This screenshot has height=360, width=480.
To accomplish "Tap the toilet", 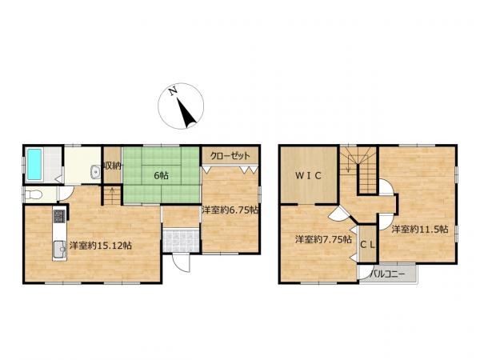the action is [33, 194].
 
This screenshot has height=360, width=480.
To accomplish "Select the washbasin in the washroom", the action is [95, 173].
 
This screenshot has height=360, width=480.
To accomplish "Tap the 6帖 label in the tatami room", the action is [161, 176].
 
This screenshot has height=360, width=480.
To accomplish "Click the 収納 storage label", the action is [113, 166].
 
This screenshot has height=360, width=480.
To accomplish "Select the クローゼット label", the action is [230, 156].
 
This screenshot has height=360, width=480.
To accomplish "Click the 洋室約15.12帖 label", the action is [101, 246].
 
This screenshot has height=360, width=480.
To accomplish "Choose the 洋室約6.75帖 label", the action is [230, 210].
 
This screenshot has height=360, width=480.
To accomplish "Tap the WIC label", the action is [309, 176].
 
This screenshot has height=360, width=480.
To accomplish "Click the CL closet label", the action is [367, 245].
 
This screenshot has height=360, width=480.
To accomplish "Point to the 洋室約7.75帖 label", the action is [323, 239].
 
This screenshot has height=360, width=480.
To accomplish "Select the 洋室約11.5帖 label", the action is [420, 229].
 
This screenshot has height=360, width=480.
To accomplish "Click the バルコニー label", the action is [387, 274].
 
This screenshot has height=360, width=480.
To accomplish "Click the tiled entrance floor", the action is [181, 241].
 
